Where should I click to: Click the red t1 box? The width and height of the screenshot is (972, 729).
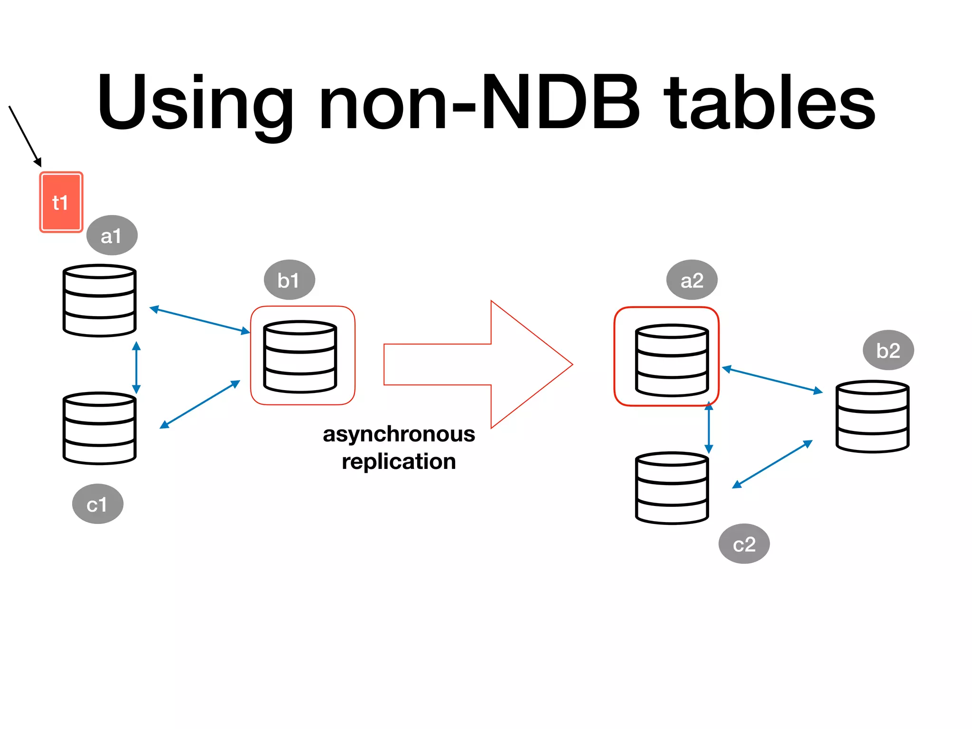pyautogui.click(x=61, y=202)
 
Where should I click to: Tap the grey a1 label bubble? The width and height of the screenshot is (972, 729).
pyautogui.click(x=112, y=235)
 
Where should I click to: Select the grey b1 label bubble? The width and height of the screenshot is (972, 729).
pyautogui.click(x=289, y=280)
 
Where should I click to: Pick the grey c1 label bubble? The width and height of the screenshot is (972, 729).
pyautogui.click(x=98, y=504)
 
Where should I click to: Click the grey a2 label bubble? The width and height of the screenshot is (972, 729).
pyautogui.click(x=692, y=280)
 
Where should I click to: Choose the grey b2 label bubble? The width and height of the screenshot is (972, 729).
pyautogui.click(x=888, y=350)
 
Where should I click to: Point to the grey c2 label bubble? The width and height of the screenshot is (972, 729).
pyautogui.click(x=744, y=544)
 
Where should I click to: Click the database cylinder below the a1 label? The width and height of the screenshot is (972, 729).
pyautogui.click(x=100, y=301)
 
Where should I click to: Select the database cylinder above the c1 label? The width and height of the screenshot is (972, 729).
pyautogui.click(x=100, y=428)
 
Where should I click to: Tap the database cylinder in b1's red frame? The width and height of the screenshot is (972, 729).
pyautogui.click(x=300, y=357)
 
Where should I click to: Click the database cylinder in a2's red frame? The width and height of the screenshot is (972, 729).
pyautogui.click(x=672, y=360)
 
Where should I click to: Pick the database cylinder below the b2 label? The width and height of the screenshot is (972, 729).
pyautogui.click(x=872, y=416)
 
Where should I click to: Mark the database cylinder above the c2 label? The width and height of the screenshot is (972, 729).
pyautogui.click(x=672, y=488)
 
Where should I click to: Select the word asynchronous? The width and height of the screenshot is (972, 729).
pyautogui.click(x=399, y=434)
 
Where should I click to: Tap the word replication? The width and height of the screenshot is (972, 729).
pyautogui.click(x=399, y=461)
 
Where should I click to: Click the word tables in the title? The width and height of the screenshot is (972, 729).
pyautogui.click(x=769, y=103)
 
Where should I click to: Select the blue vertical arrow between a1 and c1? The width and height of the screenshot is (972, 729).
pyautogui.click(x=136, y=367)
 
